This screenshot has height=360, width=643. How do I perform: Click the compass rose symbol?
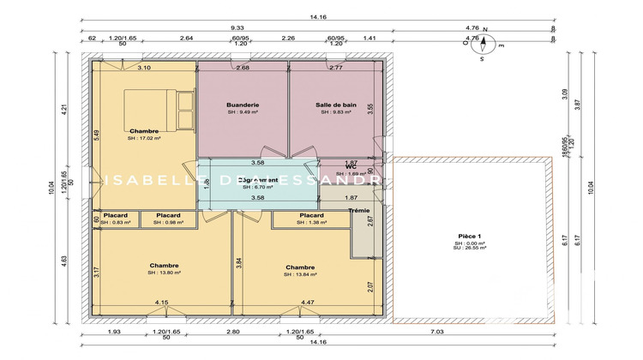483,45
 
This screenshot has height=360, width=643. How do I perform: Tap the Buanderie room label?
243,104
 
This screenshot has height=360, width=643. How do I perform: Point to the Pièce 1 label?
470,236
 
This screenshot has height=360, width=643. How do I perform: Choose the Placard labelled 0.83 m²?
115,215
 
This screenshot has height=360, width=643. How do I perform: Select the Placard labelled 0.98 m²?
168,215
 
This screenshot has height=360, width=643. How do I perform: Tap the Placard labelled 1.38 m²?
311,215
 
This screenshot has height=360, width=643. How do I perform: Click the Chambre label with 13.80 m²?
163,266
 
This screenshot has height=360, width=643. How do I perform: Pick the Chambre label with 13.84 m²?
301,267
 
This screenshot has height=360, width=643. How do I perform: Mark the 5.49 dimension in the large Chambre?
97,135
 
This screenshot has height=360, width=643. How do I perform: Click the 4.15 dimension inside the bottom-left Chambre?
161,303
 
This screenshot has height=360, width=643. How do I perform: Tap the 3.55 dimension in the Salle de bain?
370,109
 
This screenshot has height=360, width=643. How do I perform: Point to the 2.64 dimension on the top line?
186,39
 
